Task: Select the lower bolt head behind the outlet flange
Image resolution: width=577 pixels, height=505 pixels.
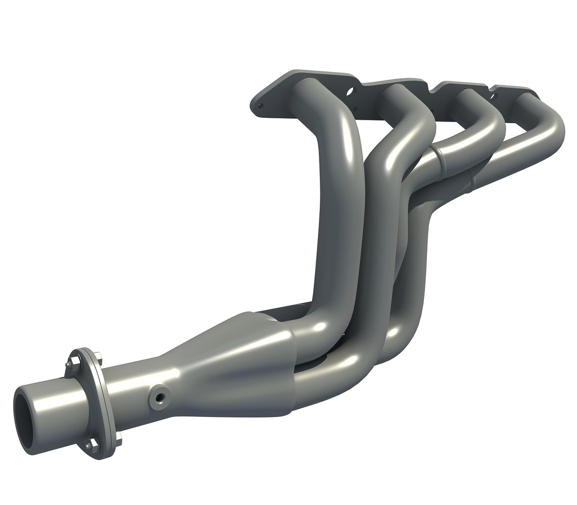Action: [x=120, y=438]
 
